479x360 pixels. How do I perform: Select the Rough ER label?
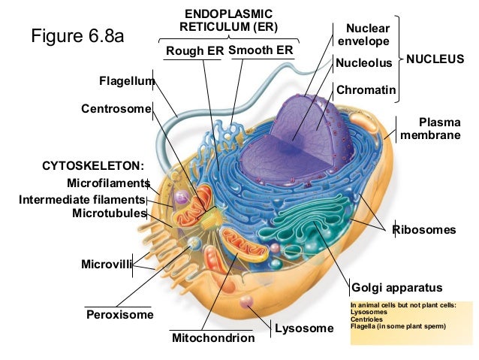tap(193, 51)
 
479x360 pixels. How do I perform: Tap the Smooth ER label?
tap(261, 50)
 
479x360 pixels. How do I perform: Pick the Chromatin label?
tap(366, 90)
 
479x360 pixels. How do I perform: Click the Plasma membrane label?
tap(439, 128)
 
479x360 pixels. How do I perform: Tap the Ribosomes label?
tap(424, 230)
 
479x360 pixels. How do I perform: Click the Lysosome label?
tap(303, 328)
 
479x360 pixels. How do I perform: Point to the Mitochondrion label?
tap(213, 338)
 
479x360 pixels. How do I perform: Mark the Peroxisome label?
tap(120, 314)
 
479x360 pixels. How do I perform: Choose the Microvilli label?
tap(106, 264)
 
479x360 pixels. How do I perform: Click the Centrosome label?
tap(116, 109)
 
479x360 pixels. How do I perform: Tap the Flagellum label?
tap(126, 80)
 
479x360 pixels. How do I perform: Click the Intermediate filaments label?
tap(81, 199)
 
